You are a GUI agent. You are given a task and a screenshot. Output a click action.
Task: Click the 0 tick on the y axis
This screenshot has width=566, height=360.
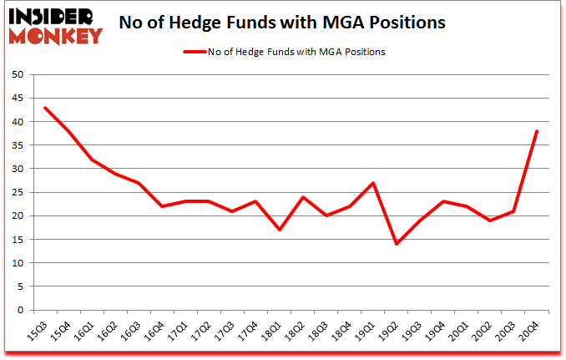[20, 310]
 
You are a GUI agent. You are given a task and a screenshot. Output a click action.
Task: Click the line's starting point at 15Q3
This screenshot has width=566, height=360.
[45, 108]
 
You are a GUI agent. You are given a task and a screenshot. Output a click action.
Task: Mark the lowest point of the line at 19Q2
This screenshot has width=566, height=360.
[397, 244]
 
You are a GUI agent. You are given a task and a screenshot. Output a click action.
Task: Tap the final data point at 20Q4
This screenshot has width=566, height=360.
[537, 131]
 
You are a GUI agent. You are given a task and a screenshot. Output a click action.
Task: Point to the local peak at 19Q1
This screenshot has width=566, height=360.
[373, 183]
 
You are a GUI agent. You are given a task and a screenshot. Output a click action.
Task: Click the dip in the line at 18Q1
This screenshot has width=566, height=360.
[280, 230]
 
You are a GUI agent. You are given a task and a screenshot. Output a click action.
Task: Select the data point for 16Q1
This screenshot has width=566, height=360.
[92, 160]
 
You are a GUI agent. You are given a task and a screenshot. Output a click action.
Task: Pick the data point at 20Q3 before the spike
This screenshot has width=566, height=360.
[513, 211]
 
